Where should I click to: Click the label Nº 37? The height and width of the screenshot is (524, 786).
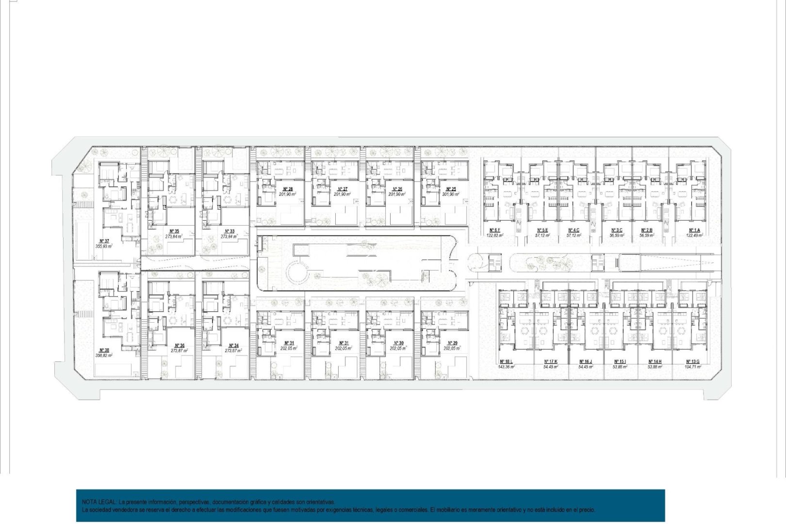pos(104,241)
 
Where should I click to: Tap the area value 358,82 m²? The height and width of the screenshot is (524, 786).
pos(104,355)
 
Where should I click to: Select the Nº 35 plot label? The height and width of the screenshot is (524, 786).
pos(174,231)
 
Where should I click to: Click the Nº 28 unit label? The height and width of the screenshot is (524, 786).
pos(288,189)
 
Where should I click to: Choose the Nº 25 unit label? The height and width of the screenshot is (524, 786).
pos(451,189)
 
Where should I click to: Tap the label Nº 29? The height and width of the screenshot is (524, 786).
pos(452,343)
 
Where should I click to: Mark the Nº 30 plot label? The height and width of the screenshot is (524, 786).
pos(398,343)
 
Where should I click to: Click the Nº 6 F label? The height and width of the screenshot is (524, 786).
pos(495,230)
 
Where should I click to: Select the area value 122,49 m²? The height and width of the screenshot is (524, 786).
pos(694,235)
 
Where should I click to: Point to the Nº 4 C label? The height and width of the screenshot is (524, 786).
pos(574,230)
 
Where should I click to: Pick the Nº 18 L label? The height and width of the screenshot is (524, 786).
pos(506,361)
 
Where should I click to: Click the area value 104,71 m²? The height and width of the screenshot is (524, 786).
pos(692,367)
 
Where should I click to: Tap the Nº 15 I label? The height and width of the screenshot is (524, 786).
pos(620,361)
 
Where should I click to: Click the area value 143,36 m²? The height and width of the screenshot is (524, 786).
pos(506,367)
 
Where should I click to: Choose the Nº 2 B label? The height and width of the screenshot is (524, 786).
pos(647,230)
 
